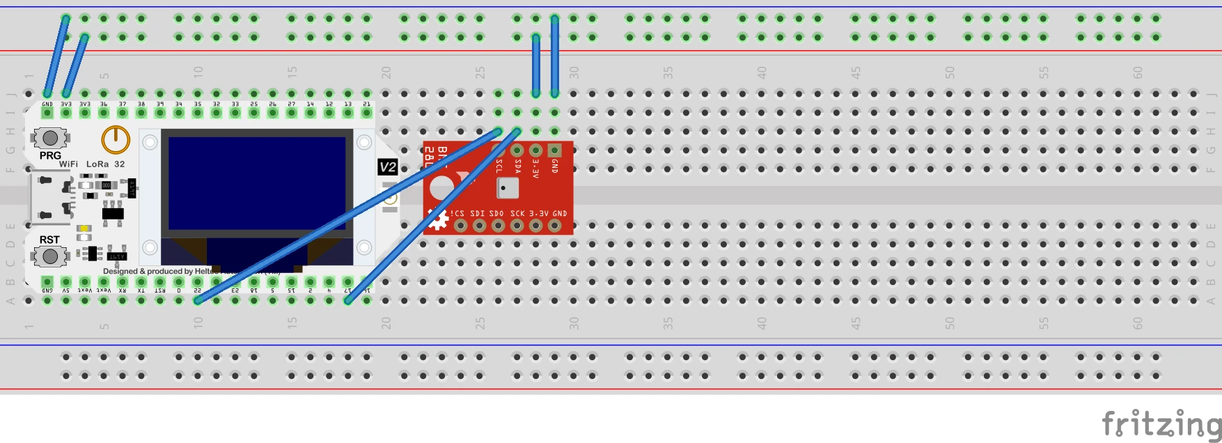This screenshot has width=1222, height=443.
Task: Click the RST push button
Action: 49,256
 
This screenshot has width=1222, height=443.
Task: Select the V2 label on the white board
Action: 388,167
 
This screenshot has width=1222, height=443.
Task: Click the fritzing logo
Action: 1161,423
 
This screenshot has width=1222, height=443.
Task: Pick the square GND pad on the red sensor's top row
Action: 554,150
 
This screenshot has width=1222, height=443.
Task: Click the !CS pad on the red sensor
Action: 460,225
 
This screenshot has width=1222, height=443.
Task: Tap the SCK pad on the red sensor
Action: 517,225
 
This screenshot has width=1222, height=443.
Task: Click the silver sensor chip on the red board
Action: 507,188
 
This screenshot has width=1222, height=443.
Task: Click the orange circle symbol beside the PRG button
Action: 116,139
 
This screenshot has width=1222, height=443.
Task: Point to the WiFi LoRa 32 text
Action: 92,164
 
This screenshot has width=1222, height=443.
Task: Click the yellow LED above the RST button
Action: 84,228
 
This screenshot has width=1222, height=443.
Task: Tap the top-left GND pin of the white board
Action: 47,112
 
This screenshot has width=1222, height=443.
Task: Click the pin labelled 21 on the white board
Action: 367,112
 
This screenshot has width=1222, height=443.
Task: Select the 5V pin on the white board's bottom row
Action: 66,282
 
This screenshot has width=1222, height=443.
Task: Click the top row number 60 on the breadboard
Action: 1137,72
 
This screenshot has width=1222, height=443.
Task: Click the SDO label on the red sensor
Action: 496,213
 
